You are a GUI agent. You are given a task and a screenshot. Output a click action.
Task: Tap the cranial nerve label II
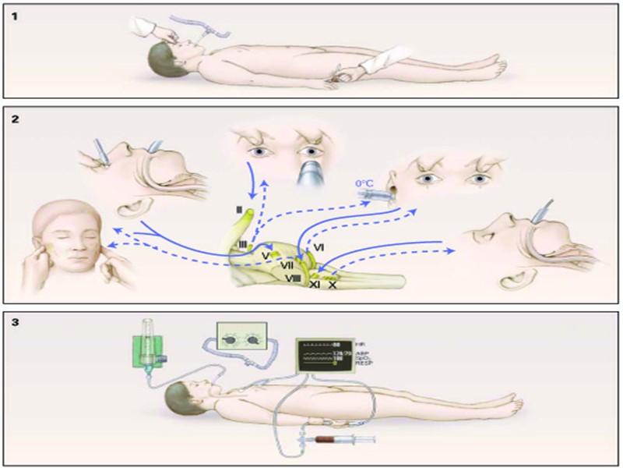240,210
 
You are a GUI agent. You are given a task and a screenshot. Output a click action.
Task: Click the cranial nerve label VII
287,265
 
